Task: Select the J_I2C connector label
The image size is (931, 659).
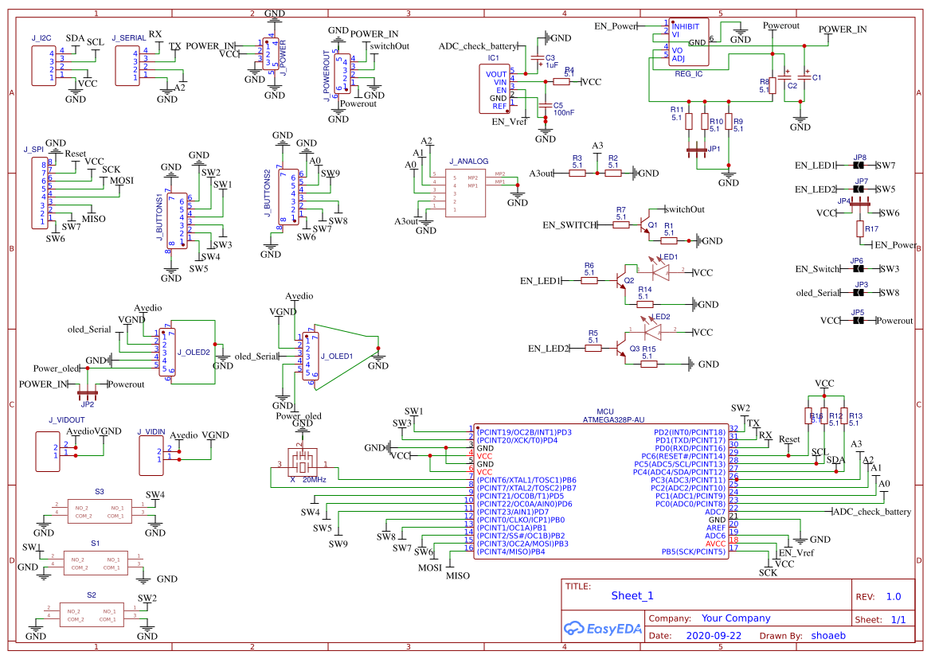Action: pyautogui.click(x=41, y=38)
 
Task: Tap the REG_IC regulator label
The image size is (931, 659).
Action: pyautogui.click(x=688, y=73)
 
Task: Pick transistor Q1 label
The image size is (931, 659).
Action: pyautogui.click(x=652, y=225)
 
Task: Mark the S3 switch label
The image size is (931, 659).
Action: pyautogui.click(x=100, y=492)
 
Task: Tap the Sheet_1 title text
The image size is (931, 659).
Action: pyautogui.click(x=632, y=595)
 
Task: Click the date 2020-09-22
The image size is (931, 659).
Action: pyautogui.click(x=713, y=636)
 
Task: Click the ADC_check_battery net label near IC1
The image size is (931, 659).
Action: pyautogui.click(x=478, y=47)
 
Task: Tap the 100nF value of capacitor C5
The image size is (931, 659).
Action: pyautogui.click(x=564, y=113)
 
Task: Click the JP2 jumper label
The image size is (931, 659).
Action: pyautogui.click(x=87, y=404)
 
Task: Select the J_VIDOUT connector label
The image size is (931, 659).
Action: pyautogui.click(x=66, y=419)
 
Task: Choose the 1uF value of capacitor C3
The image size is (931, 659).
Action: pyautogui.click(x=551, y=65)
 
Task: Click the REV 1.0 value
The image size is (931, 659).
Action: pyautogui.click(x=894, y=596)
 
